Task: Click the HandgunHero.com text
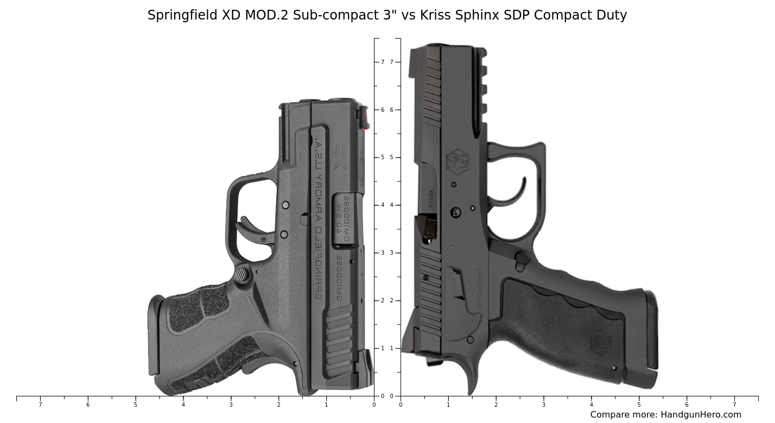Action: (x=701, y=415)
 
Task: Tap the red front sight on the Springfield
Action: (x=366, y=120)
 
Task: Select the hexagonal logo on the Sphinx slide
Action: (x=457, y=162)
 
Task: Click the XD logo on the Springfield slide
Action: (x=340, y=156)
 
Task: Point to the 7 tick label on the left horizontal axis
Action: (x=40, y=405)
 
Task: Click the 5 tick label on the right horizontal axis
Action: (x=639, y=405)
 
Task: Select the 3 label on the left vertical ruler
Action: (x=383, y=253)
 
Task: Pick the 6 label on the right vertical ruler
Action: (x=391, y=110)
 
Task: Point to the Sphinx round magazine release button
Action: (x=522, y=257)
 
